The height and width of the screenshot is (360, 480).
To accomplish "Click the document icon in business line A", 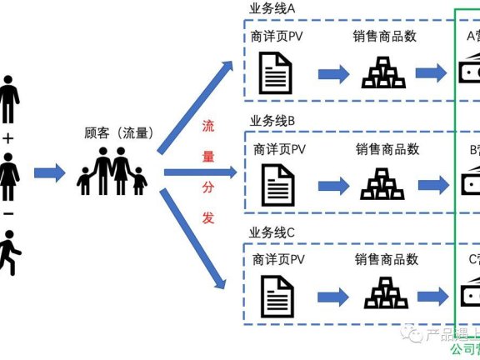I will (x=276, y=72).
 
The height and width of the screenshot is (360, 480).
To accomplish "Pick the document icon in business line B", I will (x=276, y=183).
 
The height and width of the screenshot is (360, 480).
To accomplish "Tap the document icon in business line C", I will (x=276, y=295).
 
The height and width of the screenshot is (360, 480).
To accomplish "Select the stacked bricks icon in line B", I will (x=382, y=184).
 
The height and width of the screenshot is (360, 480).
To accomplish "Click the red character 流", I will (x=209, y=127).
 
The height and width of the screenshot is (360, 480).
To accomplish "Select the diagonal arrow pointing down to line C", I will (x=193, y=238).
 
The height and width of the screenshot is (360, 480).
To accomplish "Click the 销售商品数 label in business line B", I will (x=387, y=149).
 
